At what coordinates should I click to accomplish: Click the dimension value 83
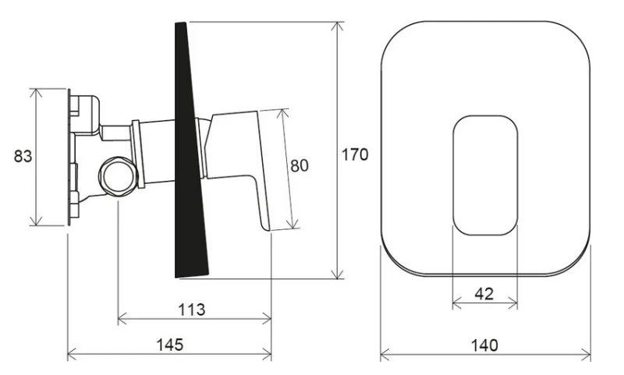(x=23, y=156)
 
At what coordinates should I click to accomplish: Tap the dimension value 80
(x=300, y=165)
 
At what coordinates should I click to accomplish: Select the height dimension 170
(x=355, y=154)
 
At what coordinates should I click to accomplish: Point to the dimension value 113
(x=191, y=310)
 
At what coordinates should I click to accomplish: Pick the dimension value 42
(x=484, y=294)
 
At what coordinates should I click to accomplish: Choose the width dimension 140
(x=485, y=345)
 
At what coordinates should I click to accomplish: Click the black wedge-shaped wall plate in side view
(x=191, y=156)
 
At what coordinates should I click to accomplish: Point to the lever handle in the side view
(x=242, y=156)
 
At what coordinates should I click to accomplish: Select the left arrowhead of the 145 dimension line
(x=72, y=356)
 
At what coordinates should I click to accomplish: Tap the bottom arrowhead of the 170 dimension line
(x=337, y=274)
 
